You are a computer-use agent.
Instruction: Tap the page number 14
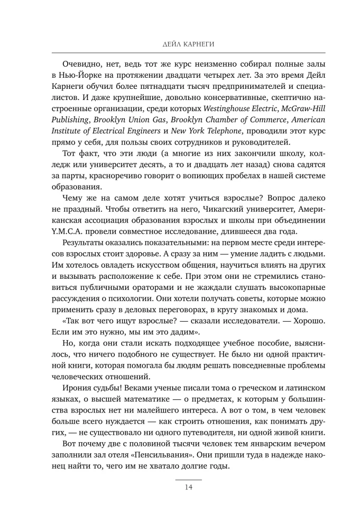click(x=180, y=487)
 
